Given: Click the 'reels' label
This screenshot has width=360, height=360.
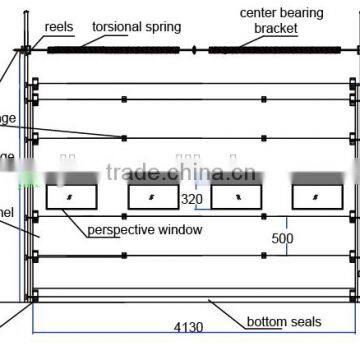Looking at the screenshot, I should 60,26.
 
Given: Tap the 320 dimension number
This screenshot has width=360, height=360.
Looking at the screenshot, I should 193,199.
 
